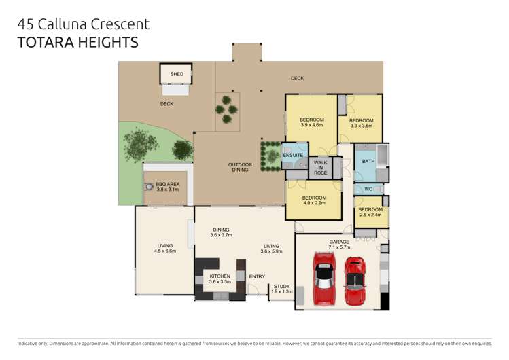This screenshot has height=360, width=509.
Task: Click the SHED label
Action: [x=177, y=74]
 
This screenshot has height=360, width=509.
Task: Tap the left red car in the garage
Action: [x=323, y=278]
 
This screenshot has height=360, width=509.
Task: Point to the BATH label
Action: [x=368, y=161]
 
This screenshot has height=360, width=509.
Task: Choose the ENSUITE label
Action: [x=293, y=156]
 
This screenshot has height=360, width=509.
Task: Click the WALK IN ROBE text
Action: [x=320, y=168]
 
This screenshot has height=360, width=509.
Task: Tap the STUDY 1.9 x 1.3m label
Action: [x=282, y=289]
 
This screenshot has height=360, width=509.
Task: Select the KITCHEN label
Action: [x=220, y=276]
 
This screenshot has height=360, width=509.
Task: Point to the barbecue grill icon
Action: [x=148, y=187]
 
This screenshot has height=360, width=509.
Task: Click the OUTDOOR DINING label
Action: [x=240, y=167]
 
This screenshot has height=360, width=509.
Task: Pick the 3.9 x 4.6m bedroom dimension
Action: [x=311, y=125]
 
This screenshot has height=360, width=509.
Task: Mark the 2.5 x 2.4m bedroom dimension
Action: [x=371, y=215]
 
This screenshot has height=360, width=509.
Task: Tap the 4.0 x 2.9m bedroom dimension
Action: [x=313, y=203]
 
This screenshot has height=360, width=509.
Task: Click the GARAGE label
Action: [x=339, y=242]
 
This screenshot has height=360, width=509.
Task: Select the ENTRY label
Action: [x=257, y=276]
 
